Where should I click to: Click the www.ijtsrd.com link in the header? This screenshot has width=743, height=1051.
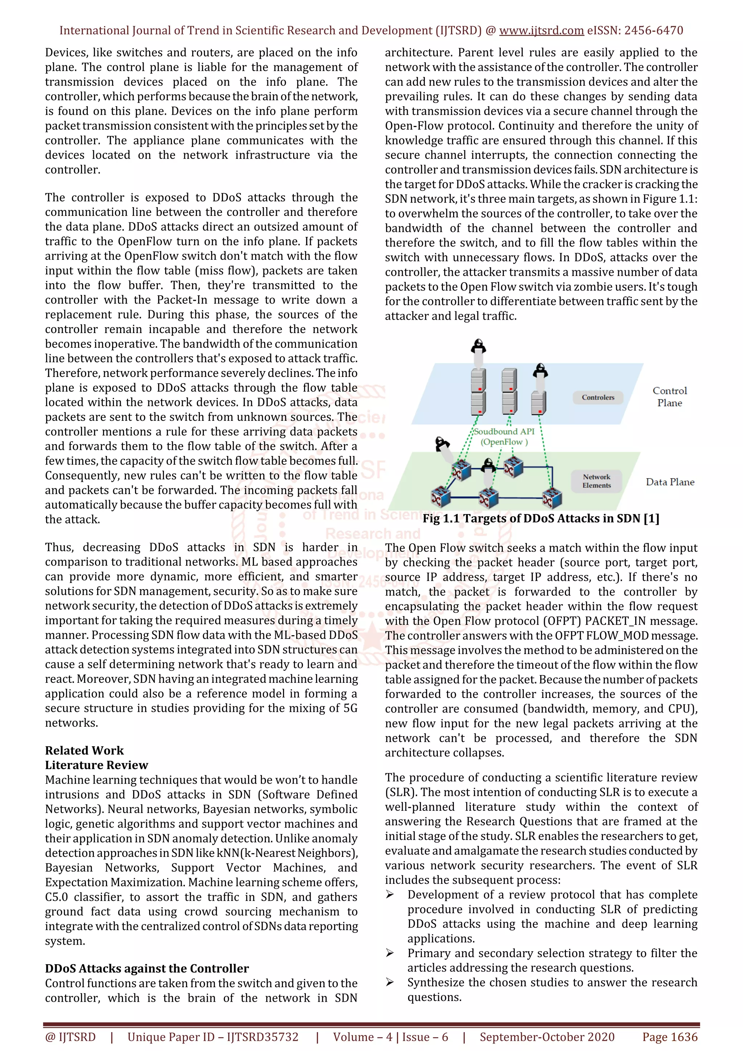tap(541, 31)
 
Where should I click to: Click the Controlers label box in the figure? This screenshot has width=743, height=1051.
tap(598, 397)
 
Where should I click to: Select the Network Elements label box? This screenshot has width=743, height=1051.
tap(596, 481)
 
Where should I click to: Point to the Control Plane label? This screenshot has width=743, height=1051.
tap(669, 397)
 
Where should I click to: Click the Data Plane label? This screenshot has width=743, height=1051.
tap(669, 482)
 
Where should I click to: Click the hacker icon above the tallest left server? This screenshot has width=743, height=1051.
tap(479, 346)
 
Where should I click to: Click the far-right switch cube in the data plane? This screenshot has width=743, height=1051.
tap(552, 498)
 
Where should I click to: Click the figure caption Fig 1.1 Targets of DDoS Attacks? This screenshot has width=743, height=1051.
tap(541, 519)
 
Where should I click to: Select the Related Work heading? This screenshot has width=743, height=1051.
tap(84, 751)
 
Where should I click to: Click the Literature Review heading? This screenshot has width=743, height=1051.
tap(96, 765)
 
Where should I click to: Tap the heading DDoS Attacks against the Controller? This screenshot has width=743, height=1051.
tap(147, 969)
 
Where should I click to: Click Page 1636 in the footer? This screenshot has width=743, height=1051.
tap(669, 1037)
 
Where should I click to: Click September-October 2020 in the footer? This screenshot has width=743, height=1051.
tap(547, 1037)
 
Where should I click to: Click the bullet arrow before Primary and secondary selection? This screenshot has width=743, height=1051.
tap(390, 953)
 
